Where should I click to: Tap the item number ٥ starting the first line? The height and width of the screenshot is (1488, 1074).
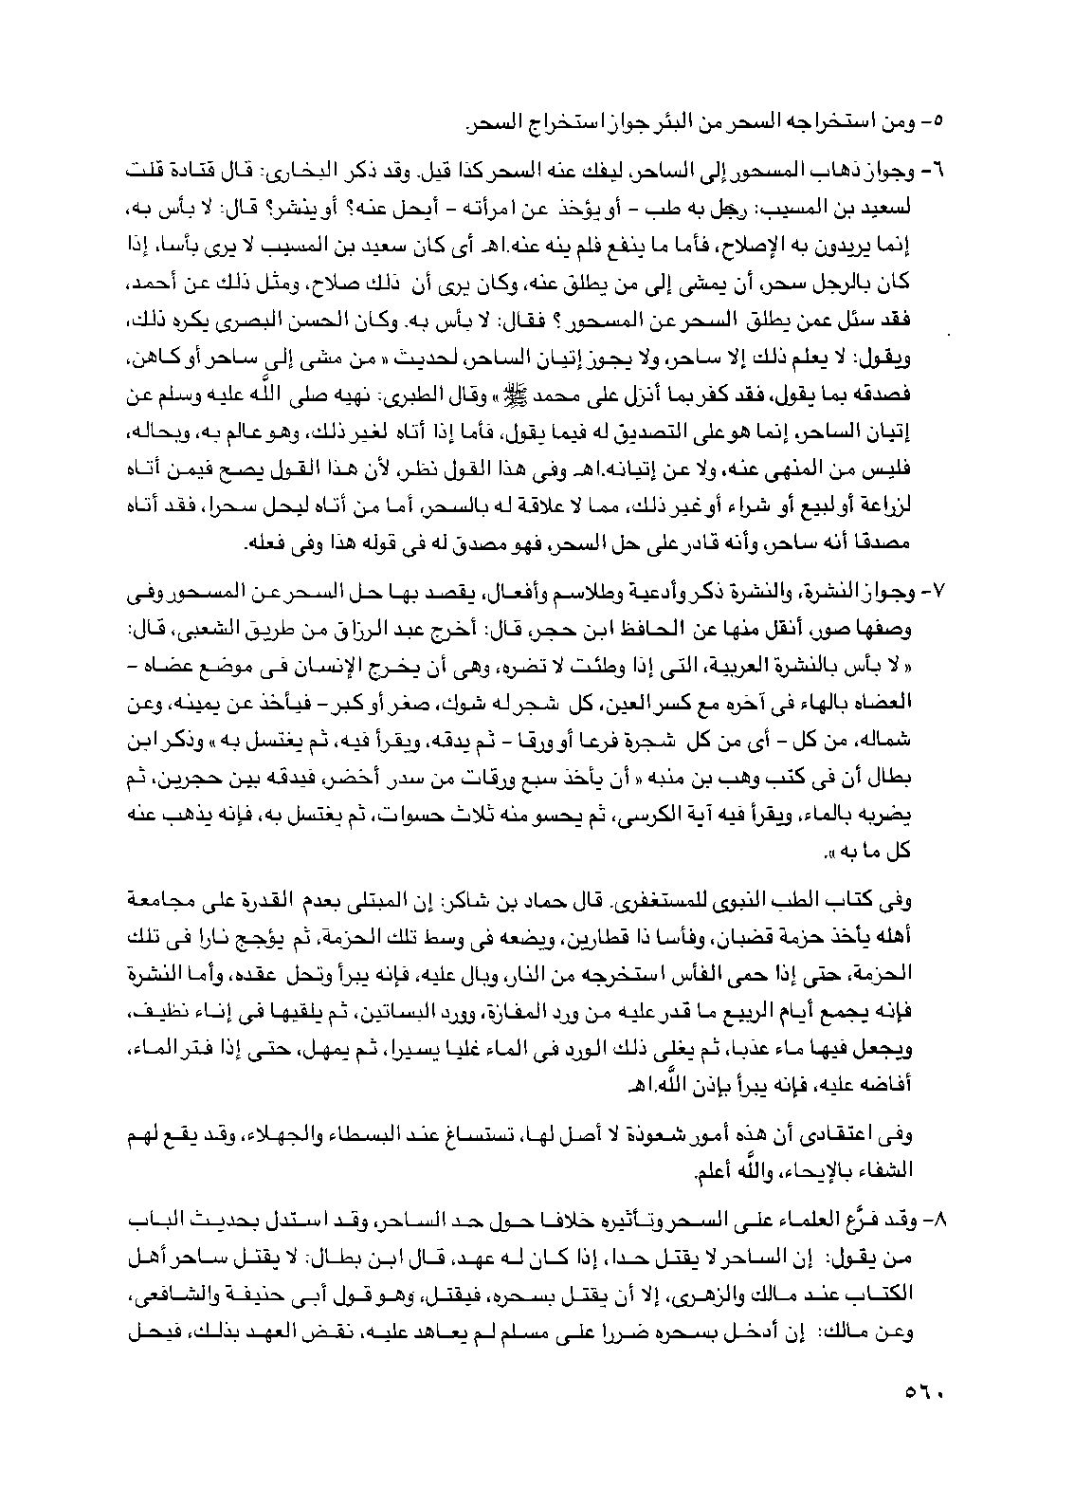pos(938,121)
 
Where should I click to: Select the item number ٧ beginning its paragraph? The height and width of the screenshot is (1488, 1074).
pos(938,593)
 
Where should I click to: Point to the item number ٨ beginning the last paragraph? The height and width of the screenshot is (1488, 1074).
pos(938,1218)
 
